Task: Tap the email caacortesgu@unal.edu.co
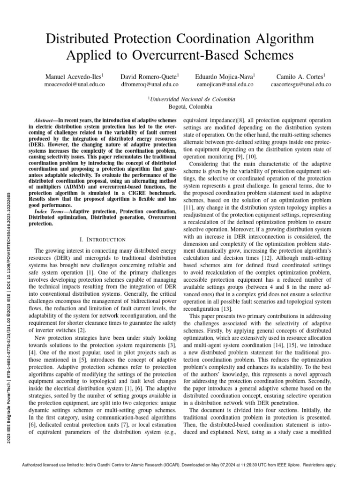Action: tap(300, 85)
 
